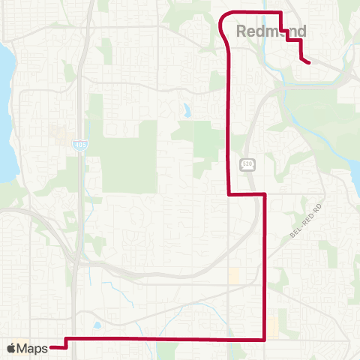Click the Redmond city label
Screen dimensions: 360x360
[x=271, y=31]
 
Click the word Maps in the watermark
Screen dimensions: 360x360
[x=32, y=348]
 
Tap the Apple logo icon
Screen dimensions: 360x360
[x=11, y=348]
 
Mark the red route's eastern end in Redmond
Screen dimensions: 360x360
[x=309, y=63]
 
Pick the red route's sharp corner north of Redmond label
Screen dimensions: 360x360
[x=280, y=12]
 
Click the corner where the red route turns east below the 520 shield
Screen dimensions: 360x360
[x=228, y=193]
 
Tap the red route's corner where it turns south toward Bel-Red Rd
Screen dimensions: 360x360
[x=265, y=193]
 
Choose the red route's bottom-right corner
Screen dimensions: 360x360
[x=265, y=340]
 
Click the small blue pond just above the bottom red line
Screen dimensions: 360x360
[x=97, y=326]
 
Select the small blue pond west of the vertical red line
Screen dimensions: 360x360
[x=185, y=112]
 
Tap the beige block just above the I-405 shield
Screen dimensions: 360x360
[x=58, y=134]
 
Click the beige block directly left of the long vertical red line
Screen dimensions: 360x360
[x=234, y=276]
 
